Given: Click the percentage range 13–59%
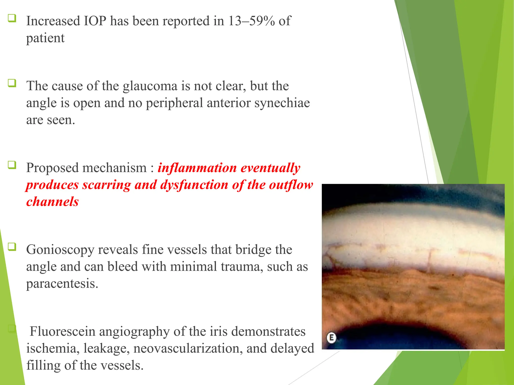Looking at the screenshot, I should (x=251, y=21).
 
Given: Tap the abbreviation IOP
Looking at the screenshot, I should (x=95, y=21).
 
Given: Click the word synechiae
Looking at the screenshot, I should (x=282, y=103).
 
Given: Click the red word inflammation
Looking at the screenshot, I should (x=197, y=168).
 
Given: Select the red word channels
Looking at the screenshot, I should (x=52, y=202).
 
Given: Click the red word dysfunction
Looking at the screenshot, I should (x=194, y=185).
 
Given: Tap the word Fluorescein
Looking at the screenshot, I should (x=62, y=331).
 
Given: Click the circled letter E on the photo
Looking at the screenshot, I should (x=331, y=338).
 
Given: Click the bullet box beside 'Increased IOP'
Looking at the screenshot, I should (x=12, y=18).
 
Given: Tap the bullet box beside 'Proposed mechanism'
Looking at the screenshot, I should (x=12, y=165).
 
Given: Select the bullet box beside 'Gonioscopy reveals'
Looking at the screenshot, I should (x=12, y=247).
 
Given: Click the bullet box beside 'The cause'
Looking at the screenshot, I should (x=12, y=83).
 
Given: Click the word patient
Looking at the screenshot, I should (x=45, y=38).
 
